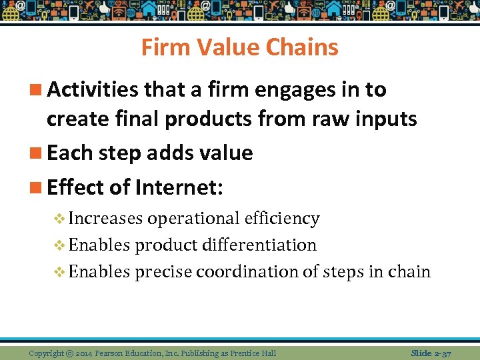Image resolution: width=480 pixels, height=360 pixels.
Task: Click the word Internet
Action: click(179, 187)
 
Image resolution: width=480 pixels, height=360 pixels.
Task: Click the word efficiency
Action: click(281, 219)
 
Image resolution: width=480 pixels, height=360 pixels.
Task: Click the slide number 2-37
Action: click(442, 353)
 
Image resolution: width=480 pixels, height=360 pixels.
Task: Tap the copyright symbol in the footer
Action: click(69, 353)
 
